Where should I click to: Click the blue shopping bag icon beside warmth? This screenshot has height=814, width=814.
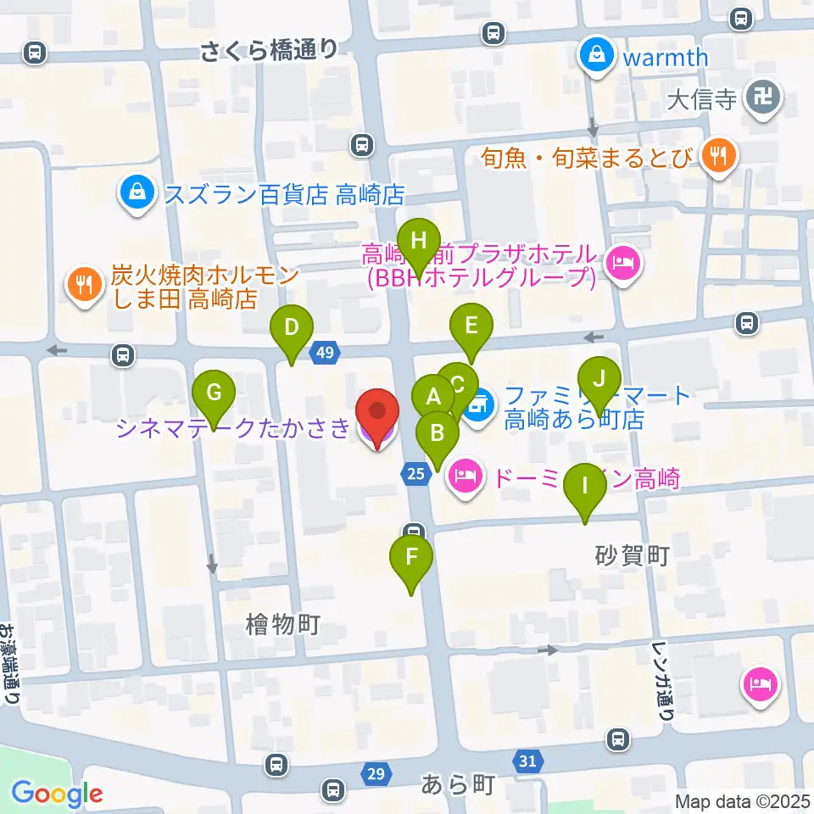(x=598, y=57)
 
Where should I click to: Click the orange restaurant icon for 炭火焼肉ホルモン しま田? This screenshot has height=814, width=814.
(x=83, y=285)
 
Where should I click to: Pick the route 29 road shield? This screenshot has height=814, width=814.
(x=376, y=772)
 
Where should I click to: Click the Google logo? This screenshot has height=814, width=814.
(x=57, y=794)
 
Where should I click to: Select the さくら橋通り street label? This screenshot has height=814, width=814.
(x=270, y=52)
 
